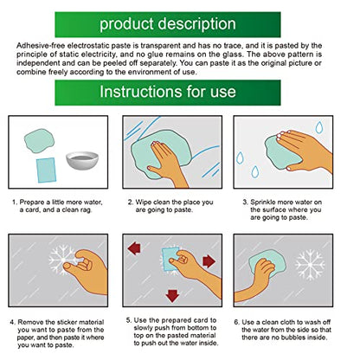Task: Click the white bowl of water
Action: (82, 160)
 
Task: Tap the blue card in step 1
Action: (46, 170)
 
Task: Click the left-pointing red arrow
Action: (134, 248)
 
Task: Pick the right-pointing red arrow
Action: (209, 261)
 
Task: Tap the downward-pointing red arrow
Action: (172, 296)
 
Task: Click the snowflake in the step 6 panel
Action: (310, 265)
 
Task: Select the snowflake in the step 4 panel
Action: (63, 260)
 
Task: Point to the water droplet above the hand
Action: (319, 127)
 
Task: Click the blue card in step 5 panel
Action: (170, 259)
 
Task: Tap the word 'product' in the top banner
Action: (126, 24)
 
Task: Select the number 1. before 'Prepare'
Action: (15, 202)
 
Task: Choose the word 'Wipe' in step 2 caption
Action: (144, 202)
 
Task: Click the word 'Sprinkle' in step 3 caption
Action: (263, 202)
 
